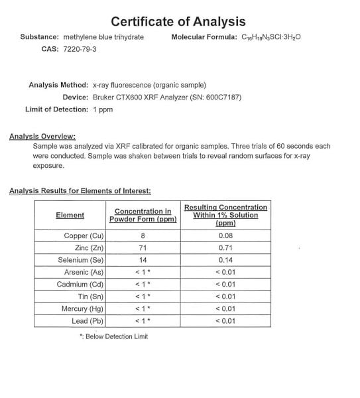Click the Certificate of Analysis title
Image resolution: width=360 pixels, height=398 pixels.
pyautogui.click(x=178, y=22)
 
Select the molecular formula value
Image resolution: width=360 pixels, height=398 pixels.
pyautogui.click(x=270, y=36)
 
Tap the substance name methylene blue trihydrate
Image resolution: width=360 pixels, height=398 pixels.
pyautogui.click(x=103, y=36)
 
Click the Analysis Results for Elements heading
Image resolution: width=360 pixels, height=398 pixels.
pyautogui.click(x=80, y=191)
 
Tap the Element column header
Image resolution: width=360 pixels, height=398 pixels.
pyautogui.click(x=70, y=215)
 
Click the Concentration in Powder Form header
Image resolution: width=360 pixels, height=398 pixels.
pyautogui.click(x=143, y=215)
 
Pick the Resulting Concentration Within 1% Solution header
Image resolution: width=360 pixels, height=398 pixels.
pyautogui.click(x=225, y=215)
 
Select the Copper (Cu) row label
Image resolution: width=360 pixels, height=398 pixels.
pyautogui.click(x=84, y=235)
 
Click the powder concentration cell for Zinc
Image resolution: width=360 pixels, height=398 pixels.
pyautogui.click(x=143, y=247)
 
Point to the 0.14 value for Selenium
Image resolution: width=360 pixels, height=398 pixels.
pyautogui.click(x=225, y=260)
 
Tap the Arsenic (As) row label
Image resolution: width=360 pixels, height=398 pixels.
pyautogui.click(x=84, y=272)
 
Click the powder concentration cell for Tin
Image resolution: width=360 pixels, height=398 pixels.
pyautogui.click(x=143, y=297)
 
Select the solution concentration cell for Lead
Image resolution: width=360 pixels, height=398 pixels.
pyautogui.click(x=225, y=321)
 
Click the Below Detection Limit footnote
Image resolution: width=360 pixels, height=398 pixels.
pyautogui.click(x=114, y=336)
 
